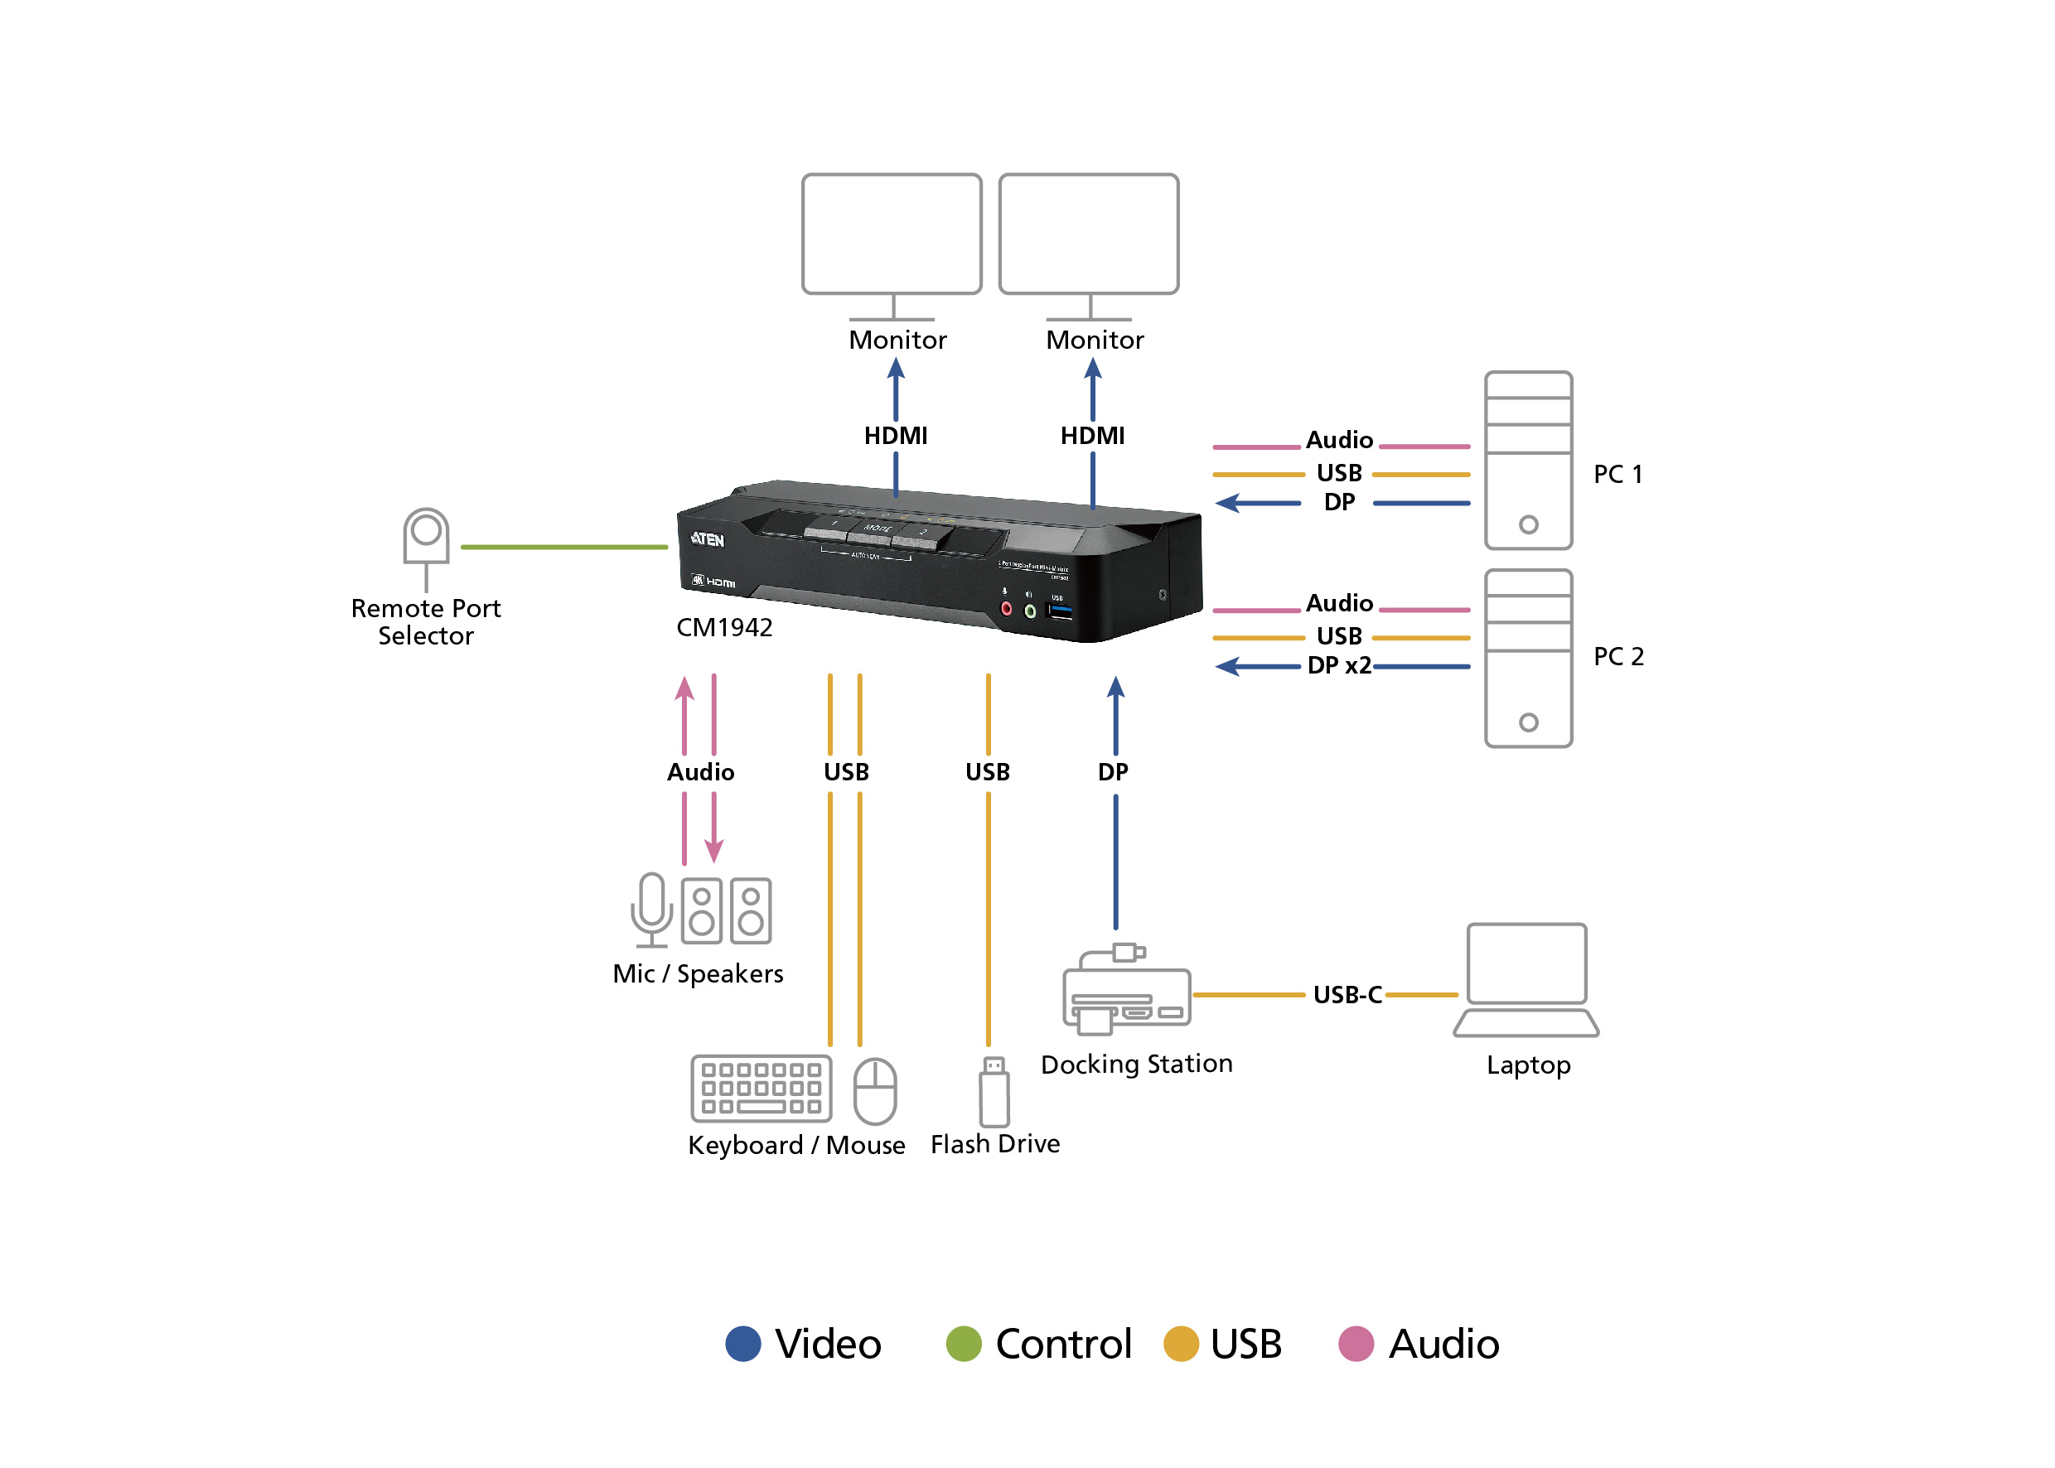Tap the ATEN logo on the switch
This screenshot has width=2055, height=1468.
point(707,539)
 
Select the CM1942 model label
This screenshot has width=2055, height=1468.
point(724,627)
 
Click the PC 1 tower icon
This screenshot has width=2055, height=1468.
point(1528,460)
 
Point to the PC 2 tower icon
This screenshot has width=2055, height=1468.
point(1528,658)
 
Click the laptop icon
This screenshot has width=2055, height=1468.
point(1526,980)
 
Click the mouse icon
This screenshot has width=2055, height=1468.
point(874,1090)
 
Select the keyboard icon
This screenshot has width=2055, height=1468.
point(761,1089)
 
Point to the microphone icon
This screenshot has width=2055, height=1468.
point(651,909)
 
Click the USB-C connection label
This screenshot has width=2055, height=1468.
point(1347,995)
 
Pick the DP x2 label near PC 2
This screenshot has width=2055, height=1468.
point(1339,666)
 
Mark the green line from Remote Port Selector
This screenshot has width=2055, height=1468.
point(564,547)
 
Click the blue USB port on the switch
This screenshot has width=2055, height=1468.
point(1060,612)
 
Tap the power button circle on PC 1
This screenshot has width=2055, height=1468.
point(1528,524)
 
